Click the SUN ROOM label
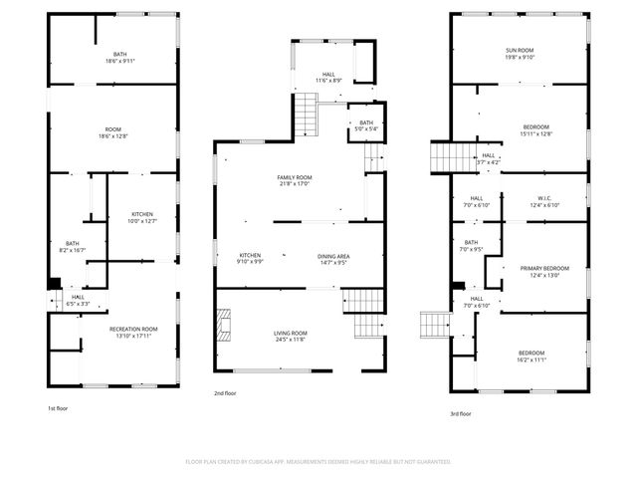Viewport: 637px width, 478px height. pyautogui.click(x=520, y=51)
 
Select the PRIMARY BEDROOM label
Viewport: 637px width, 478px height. pyautogui.click(x=544, y=268)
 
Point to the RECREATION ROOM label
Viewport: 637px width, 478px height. pyautogui.click(x=133, y=329)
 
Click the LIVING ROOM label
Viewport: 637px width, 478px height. pyautogui.click(x=292, y=333)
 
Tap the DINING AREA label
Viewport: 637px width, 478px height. pyautogui.click(x=333, y=256)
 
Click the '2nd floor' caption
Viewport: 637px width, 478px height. pyautogui.click(x=225, y=393)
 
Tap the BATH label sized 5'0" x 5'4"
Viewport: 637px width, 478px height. pyautogui.click(x=366, y=122)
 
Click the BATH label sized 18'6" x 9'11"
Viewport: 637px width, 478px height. pyautogui.click(x=119, y=55)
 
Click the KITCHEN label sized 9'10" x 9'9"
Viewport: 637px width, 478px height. pyautogui.click(x=250, y=256)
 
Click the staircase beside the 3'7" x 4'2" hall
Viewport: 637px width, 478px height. pyautogui.click(x=448, y=156)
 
